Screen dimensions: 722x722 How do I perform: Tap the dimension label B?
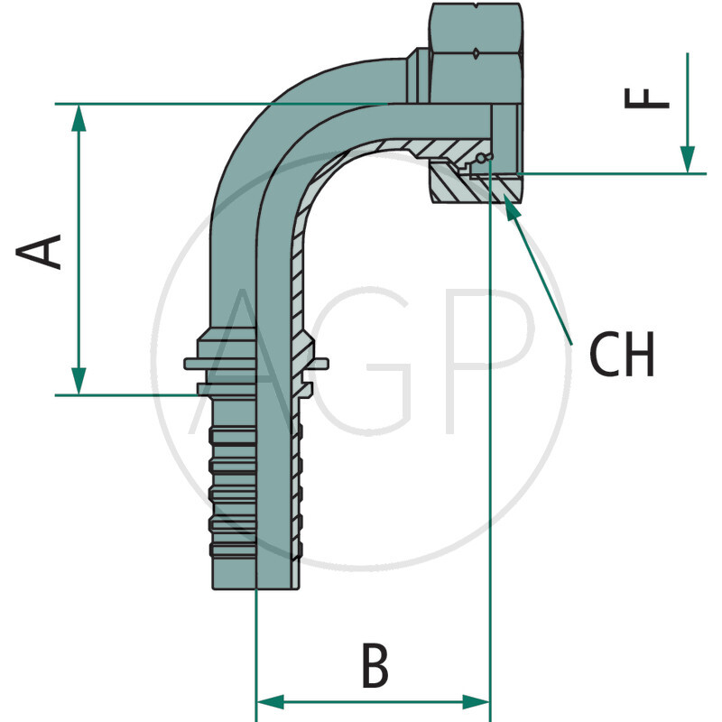click(x=375, y=667)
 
